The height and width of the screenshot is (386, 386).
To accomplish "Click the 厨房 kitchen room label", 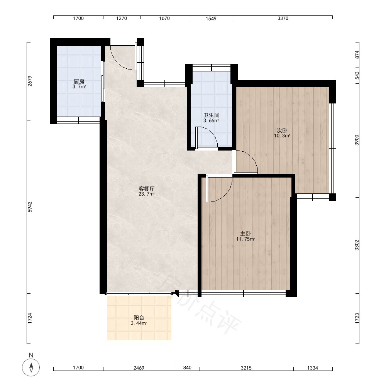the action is pyautogui.click(x=79, y=81).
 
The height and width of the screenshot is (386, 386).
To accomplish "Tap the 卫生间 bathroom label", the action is pyautogui.click(x=212, y=115).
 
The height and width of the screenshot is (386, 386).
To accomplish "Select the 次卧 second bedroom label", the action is pyautogui.click(x=282, y=130).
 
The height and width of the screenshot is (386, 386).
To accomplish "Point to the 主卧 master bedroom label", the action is pyautogui.click(x=245, y=234).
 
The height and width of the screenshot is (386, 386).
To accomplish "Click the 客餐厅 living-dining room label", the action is pyautogui.click(x=146, y=189).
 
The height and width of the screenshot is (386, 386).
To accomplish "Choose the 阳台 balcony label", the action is pyautogui.click(x=139, y=318).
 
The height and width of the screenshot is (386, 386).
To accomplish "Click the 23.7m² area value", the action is pyautogui.click(x=146, y=194).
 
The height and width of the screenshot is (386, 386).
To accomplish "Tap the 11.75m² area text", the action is pyautogui.click(x=245, y=239).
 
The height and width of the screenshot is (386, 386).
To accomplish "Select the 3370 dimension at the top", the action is pyautogui.click(x=283, y=18).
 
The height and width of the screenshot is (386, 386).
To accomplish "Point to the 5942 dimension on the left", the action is pyautogui.click(x=30, y=207).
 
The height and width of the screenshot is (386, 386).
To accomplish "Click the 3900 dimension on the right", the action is pyautogui.click(x=357, y=140).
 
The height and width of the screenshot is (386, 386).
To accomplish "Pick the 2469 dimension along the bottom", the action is pyautogui.click(x=139, y=368).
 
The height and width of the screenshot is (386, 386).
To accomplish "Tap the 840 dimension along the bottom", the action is pyautogui.click(x=187, y=367).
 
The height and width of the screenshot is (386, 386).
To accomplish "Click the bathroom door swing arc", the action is pyautogui.click(x=210, y=133).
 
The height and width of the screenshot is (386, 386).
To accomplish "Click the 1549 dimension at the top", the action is pyautogui.click(x=211, y=19).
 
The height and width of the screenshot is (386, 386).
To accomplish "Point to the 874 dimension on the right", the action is pyautogui.click(x=357, y=54).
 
